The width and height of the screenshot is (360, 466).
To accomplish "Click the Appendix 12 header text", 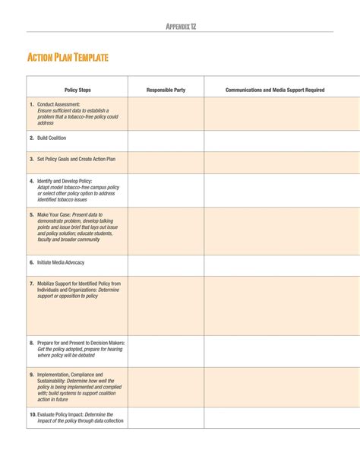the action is point(181,27).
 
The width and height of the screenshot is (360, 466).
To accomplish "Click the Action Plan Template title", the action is point(68,58).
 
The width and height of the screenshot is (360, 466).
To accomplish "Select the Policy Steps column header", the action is point(77,90).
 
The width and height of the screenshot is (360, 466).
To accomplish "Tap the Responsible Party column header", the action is point(166,90).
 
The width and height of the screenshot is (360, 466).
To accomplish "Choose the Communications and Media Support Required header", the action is point(275,90).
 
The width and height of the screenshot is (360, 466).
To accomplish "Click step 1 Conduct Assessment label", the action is point(58,104).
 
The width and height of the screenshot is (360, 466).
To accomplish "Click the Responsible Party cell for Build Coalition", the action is point(166,141).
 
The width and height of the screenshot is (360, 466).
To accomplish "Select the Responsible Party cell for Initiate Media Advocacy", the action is point(166,265).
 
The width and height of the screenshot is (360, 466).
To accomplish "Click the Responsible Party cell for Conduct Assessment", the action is point(166,114).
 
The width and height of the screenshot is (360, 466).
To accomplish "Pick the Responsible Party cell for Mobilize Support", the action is point(166,306).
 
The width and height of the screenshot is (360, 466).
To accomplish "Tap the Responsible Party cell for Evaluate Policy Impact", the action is point(166,417).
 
